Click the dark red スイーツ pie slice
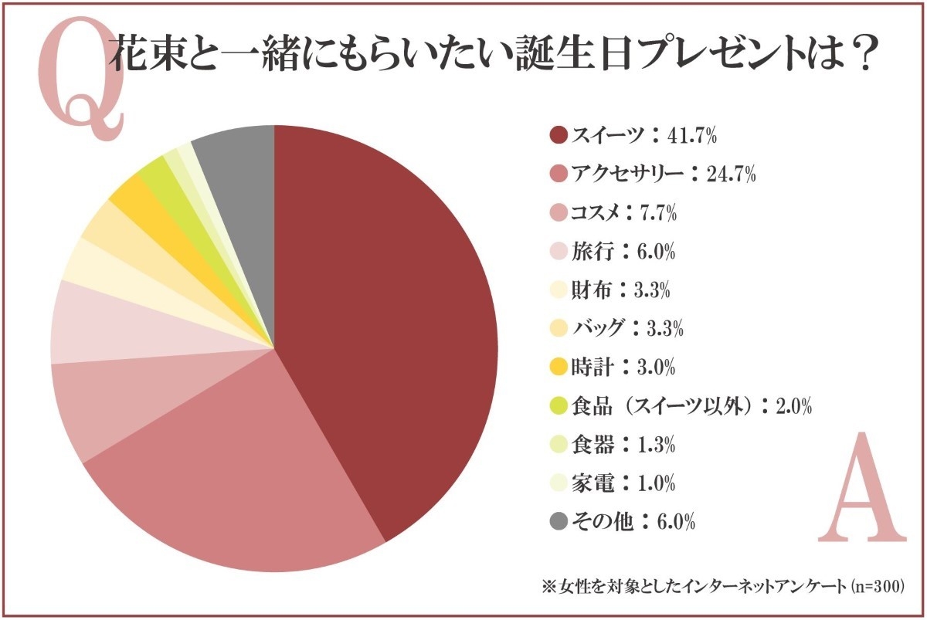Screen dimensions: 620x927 (x=386, y=324)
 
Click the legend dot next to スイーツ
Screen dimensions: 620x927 (x=559, y=136)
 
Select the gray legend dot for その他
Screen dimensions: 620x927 (x=559, y=522)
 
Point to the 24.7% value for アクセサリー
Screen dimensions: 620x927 (x=729, y=175)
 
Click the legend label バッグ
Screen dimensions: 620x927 (x=597, y=329)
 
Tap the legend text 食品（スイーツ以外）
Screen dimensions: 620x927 (x=663, y=406)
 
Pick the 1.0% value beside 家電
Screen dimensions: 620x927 (x=654, y=483)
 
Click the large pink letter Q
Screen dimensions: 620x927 (x=81, y=85)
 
